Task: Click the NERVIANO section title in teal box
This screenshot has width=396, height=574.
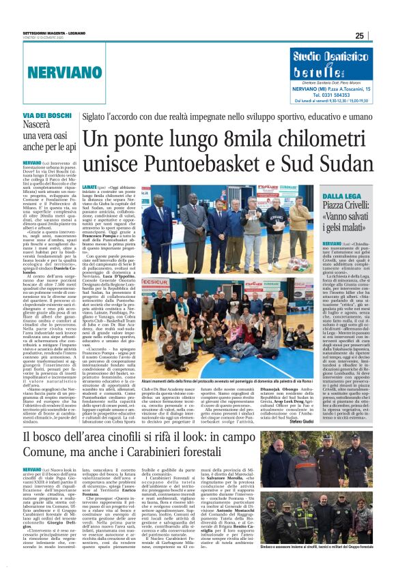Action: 60,71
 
